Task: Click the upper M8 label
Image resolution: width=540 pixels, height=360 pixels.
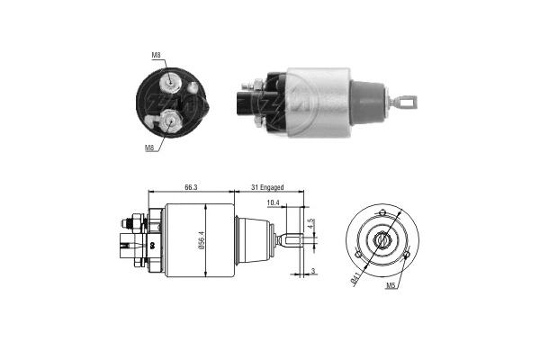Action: click(157, 56)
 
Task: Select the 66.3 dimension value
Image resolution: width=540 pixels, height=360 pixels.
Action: click(192, 187)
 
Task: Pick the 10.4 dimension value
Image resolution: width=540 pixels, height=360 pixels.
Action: click(274, 204)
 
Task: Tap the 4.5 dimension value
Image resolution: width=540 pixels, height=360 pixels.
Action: click(310, 222)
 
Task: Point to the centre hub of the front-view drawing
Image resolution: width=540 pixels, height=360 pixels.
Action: click(382, 240)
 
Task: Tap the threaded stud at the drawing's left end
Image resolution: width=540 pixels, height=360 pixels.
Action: click(124, 220)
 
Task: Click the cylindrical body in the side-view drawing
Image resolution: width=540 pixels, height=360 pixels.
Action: click(193, 240)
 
